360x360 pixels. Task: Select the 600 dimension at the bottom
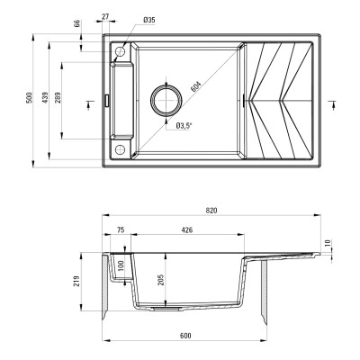pyautogui.click(x=184, y=336)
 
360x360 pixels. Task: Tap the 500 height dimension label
pyautogui.click(x=30, y=98)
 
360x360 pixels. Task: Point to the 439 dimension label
pyautogui.click(x=43, y=99)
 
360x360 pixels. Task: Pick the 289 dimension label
pyautogui.click(x=58, y=99)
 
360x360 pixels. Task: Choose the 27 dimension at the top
pyautogui.click(x=105, y=16)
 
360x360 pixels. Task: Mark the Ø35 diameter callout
pyautogui.click(x=149, y=20)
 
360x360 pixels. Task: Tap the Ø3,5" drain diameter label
pyautogui.click(x=187, y=125)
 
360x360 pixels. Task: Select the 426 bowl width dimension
pyautogui.click(x=187, y=231)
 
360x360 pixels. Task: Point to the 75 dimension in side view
pyautogui.click(x=121, y=231)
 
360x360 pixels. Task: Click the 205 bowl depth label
pyautogui.click(x=159, y=280)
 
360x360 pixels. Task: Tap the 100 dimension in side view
pyautogui.click(x=121, y=267)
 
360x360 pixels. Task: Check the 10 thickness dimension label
pyautogui.click(x=328, y=244)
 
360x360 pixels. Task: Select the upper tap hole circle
pyautogui.click(x=120, y=55)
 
